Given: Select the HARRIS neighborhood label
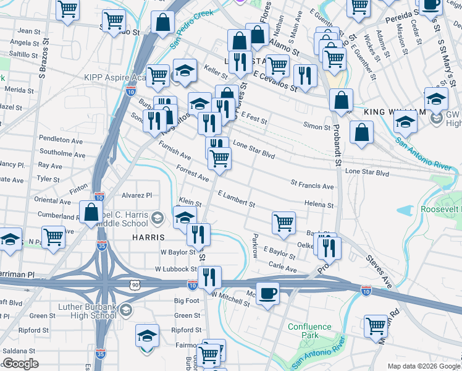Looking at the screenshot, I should [148, 237].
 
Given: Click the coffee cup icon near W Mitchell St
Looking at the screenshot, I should [267, 293].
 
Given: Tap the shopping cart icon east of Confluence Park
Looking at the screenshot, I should [376, 326].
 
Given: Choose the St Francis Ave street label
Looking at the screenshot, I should [312, 185].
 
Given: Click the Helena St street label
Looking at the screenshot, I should [319, 205].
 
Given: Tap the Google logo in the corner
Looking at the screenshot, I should [20, 364].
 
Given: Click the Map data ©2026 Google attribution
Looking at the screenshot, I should [423, 366].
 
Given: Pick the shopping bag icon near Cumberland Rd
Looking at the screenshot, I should [91, 212].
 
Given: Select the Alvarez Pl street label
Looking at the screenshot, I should [136, 194].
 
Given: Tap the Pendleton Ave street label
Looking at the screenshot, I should [61, 140].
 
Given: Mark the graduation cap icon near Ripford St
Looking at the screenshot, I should [147, 336].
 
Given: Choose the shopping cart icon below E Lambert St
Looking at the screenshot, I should [283, 222].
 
